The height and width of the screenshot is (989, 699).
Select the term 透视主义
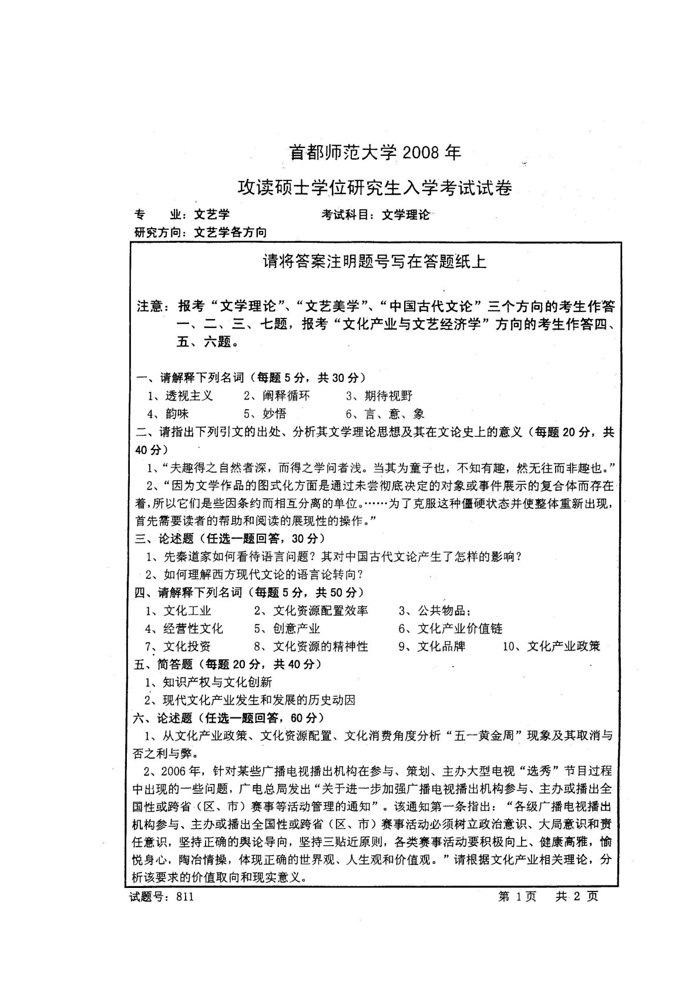click(189, 396)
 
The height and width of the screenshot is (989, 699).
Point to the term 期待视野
click(388, 396)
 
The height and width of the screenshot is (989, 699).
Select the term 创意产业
click(296, 629)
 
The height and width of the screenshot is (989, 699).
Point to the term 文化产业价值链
click(459, 629)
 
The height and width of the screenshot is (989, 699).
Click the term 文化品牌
click(441, 646)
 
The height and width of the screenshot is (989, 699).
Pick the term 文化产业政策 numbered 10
click(563, 646)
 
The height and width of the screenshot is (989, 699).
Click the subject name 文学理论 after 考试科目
click(405, 215)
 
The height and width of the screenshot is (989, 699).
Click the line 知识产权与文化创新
click(217, 682)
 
